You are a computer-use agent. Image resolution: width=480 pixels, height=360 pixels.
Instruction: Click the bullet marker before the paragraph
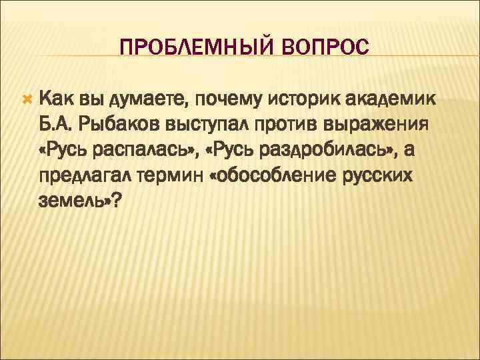coord(27,99)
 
